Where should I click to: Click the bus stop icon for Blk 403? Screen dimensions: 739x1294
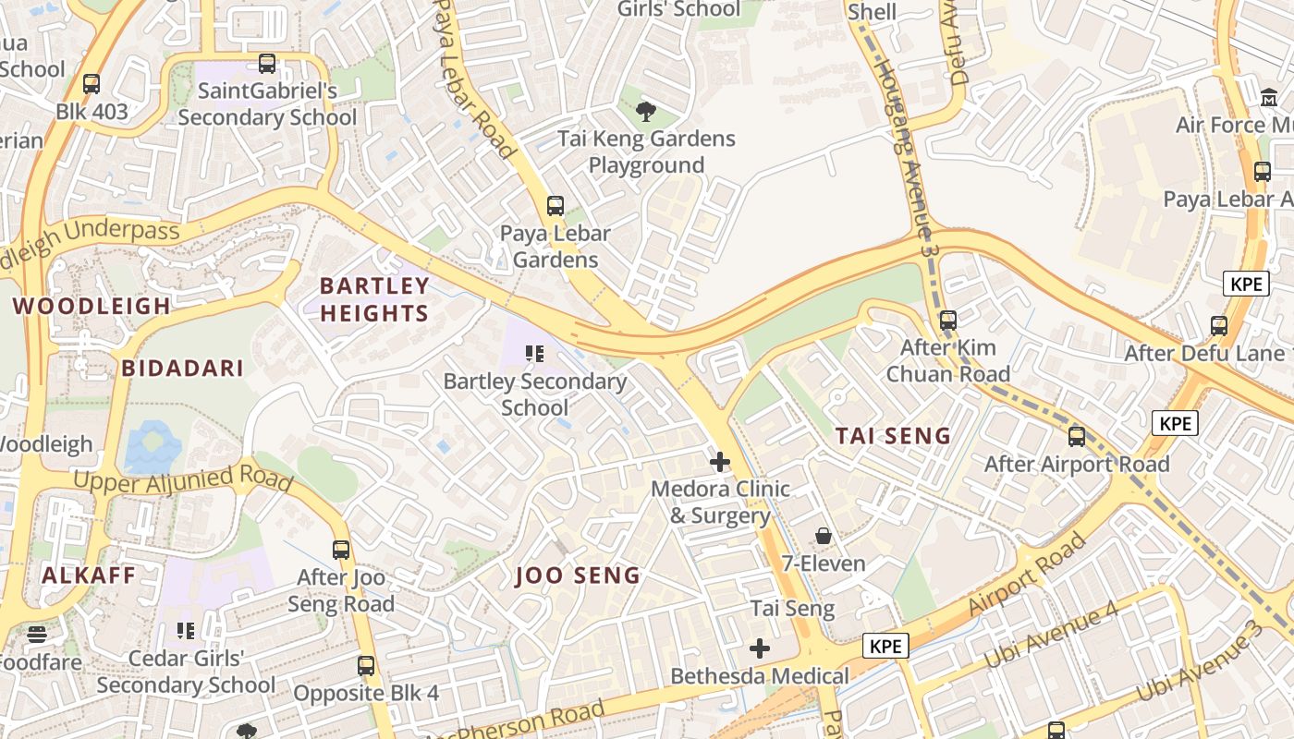[x=92, y=84]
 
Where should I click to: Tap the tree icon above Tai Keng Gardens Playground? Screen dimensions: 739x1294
[x=646, y=112]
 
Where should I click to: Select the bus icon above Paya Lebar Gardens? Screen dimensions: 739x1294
[x=555, y=206]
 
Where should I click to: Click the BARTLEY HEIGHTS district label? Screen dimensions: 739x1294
[x=374, y=299]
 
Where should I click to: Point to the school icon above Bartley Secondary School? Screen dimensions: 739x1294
[x=534, y=353]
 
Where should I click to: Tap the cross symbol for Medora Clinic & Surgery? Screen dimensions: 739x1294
[x=720, y=461]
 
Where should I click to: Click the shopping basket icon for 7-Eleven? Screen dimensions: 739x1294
[x=824, y=536]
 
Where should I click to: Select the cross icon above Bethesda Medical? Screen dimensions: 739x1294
[x=760, y=648]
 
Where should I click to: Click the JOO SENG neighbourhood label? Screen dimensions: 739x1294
[x=578, y=575]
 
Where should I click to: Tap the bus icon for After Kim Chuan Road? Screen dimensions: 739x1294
[x=948, y=321]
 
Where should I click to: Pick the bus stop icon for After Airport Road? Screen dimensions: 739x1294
[x=1077, y=437]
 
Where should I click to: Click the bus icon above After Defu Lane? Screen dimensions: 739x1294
[x=1219, y=325]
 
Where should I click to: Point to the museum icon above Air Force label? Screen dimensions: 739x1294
[x=1269, y=97]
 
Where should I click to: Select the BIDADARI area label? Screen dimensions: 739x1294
[x=183, y=369]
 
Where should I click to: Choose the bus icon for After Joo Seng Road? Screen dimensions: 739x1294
[x=341, y=550]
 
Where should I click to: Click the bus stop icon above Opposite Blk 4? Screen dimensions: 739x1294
[x=366, y=665]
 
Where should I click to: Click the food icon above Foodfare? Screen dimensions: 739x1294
[x=37, y=635]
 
